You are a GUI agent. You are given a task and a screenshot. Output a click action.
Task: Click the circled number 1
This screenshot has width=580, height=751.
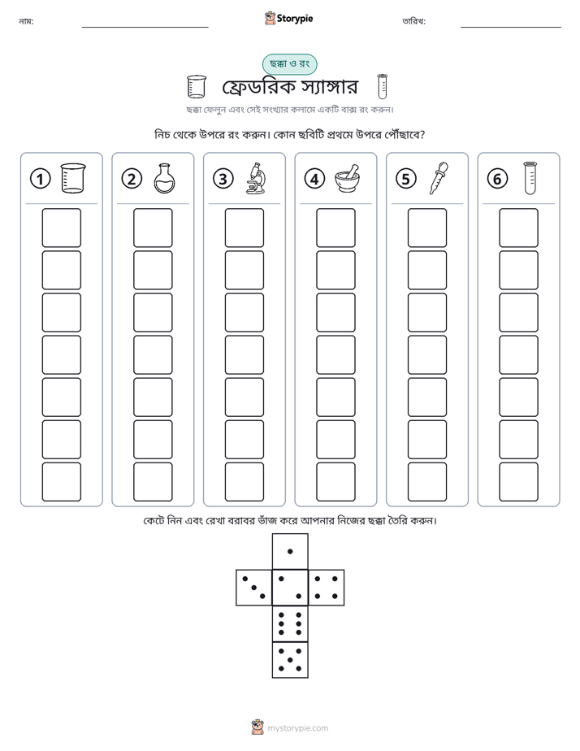(x=40, y=179)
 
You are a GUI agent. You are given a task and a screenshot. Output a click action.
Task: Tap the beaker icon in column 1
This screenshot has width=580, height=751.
(x=73, y=178)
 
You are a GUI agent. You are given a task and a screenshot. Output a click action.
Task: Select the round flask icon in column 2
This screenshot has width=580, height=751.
(x=165, y=178)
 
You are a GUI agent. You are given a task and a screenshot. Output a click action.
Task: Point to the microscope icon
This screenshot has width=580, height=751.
(x=256, y=178)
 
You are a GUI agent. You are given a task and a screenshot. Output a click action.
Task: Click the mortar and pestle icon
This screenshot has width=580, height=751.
(x=348, y=178)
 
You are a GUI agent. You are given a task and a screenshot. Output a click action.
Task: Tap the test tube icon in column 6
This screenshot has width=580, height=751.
(x=530, y=178)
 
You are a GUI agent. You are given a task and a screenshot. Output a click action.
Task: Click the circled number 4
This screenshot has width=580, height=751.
(x=314, y=179)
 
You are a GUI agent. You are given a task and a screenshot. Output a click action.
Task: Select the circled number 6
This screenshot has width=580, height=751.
(x=497, y=179)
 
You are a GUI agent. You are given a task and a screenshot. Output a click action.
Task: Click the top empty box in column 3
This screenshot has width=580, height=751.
(x=244, y=228)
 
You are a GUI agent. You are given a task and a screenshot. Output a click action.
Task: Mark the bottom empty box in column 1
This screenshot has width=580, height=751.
(x=61, y=482)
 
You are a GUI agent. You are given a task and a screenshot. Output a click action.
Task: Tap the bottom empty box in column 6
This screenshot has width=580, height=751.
(x=518, y=482)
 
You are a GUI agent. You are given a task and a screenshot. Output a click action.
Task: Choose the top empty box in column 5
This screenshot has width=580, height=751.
(x=426, y=228)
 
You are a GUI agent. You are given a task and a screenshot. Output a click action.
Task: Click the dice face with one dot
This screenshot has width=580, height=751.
(x=290, y=551)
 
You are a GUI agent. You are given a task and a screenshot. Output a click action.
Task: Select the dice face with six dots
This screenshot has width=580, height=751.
(x=290, y=623)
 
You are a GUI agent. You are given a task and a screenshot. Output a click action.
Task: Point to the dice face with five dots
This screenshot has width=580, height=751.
(x=290, y=660)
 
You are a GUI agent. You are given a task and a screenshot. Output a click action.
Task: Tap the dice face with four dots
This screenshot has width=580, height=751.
(x=327, y=588)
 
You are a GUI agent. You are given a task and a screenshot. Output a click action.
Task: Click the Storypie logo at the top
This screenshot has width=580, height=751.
(x=288, y=18)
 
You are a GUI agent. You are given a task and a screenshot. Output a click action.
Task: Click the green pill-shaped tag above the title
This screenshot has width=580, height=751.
(x=289, y=64)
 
